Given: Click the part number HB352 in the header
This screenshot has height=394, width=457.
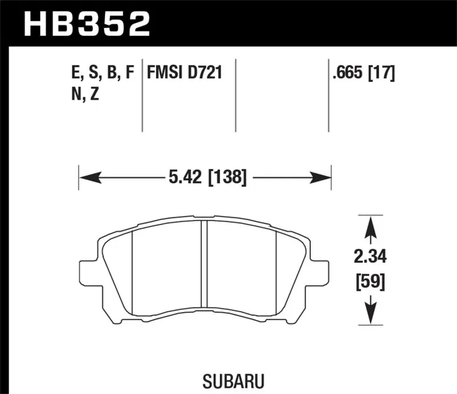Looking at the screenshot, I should [86, 23].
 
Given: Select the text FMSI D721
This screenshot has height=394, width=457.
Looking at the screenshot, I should [184, 73].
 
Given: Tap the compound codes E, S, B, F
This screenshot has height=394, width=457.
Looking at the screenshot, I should [101, 73].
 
